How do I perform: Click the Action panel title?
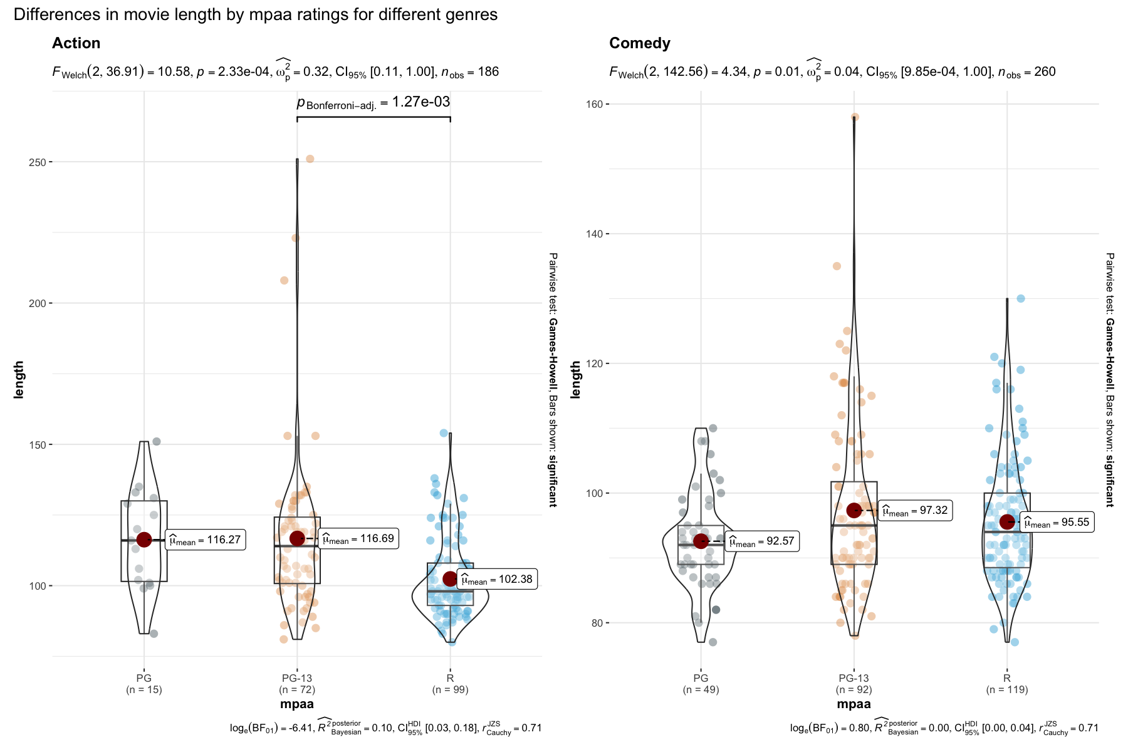click(x=76, y=43)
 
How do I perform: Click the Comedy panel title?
click(x=639, y=43)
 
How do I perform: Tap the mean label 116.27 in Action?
click(x=205, y=540)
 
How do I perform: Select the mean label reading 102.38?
click(x=497, y=579)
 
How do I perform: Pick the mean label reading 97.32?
click(x=915, y=511)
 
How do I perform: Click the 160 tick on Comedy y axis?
click(x=594, y=104)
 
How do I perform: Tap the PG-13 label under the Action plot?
click(x=297, y=678)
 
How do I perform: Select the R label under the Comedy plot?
click(x=1006, y=678)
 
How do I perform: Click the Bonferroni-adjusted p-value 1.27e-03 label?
click(x=373, y=102)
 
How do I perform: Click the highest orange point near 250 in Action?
click(x=310, y=159)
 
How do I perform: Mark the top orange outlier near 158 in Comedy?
click(x=855, y=117)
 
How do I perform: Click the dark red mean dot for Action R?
click(x=450, y=578)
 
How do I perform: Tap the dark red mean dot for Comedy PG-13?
click(x=854, y=510)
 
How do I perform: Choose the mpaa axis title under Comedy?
click(x=854, y=704)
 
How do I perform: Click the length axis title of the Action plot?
click(x=19, y=379)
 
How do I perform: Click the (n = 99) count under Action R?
click(x=450, y=690)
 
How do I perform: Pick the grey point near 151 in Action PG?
click(x=157, y=442)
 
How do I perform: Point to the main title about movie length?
click(x=256, y=14)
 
